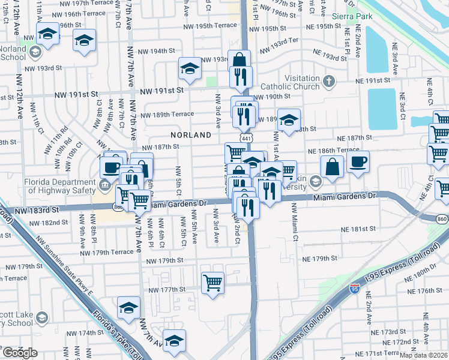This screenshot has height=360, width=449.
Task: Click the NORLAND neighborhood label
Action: point(190,135)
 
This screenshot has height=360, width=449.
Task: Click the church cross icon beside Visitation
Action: point(329,81)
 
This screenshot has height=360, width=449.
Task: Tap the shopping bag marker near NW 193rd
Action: point(240,61)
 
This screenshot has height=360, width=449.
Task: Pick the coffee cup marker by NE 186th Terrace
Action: point(358,161)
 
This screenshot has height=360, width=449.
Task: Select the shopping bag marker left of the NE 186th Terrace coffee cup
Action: point(332,166)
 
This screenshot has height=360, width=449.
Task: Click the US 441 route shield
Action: point(246,139)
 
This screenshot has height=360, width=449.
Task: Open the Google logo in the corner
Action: point(20,352)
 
